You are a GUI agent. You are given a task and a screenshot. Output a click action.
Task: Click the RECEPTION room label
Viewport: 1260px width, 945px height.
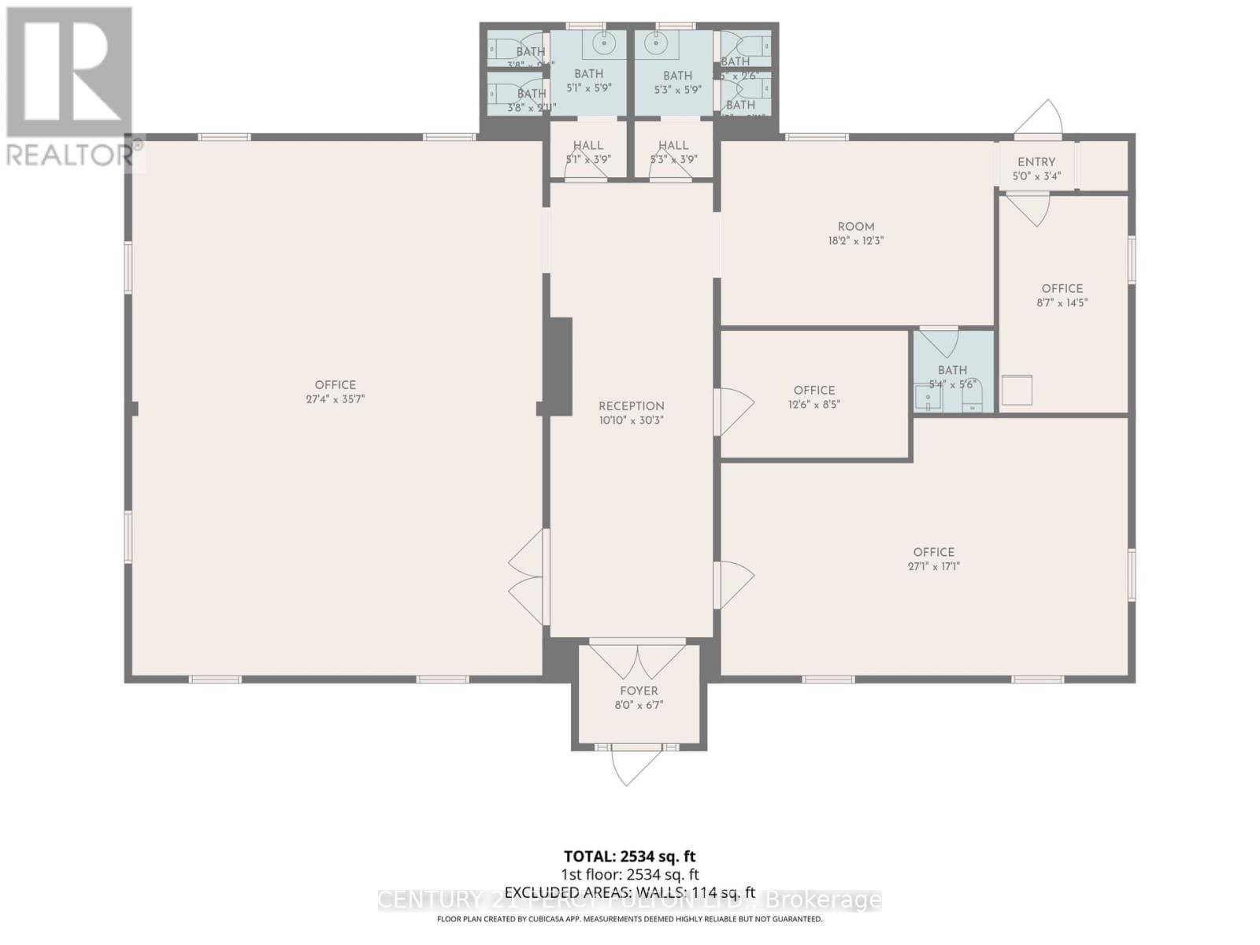point(631,406)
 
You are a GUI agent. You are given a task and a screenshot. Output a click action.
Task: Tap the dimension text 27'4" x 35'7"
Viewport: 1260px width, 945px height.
point(335,399)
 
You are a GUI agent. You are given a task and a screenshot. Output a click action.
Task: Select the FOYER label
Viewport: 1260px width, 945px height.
point(639,691)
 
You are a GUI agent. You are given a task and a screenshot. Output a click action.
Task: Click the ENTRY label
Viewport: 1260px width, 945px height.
point(1036,161)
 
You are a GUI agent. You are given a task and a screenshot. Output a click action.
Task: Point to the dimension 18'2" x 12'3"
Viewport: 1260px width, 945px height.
point(856,241)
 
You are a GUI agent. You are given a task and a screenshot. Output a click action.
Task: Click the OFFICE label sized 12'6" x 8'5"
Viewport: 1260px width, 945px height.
point(814,390)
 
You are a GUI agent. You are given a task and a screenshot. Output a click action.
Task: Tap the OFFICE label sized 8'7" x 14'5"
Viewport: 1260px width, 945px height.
point(1062,288)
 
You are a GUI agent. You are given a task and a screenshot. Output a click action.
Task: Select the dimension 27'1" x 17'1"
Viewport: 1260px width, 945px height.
point(934,566)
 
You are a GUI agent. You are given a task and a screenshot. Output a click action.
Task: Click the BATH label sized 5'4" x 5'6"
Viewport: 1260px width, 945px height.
point(952,370)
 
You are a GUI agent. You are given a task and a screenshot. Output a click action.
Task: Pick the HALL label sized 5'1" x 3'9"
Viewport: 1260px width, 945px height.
point(587,145)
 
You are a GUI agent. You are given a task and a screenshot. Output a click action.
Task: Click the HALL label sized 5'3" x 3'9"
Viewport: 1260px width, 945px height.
point(673,145)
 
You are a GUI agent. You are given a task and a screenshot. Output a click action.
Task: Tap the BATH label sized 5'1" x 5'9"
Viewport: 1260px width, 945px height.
point(588,73)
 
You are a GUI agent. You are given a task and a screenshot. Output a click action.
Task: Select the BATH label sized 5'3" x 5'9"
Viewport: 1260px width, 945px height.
point(677,76)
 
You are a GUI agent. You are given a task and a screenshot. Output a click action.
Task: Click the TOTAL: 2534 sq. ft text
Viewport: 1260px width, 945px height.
point(629,856)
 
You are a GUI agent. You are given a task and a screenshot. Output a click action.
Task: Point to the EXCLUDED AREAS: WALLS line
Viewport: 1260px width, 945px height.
point(629,892)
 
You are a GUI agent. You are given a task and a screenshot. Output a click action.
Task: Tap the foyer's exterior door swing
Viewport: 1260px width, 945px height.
point(628,766)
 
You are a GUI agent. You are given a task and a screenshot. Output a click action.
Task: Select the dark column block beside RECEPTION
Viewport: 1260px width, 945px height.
point(560,366)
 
